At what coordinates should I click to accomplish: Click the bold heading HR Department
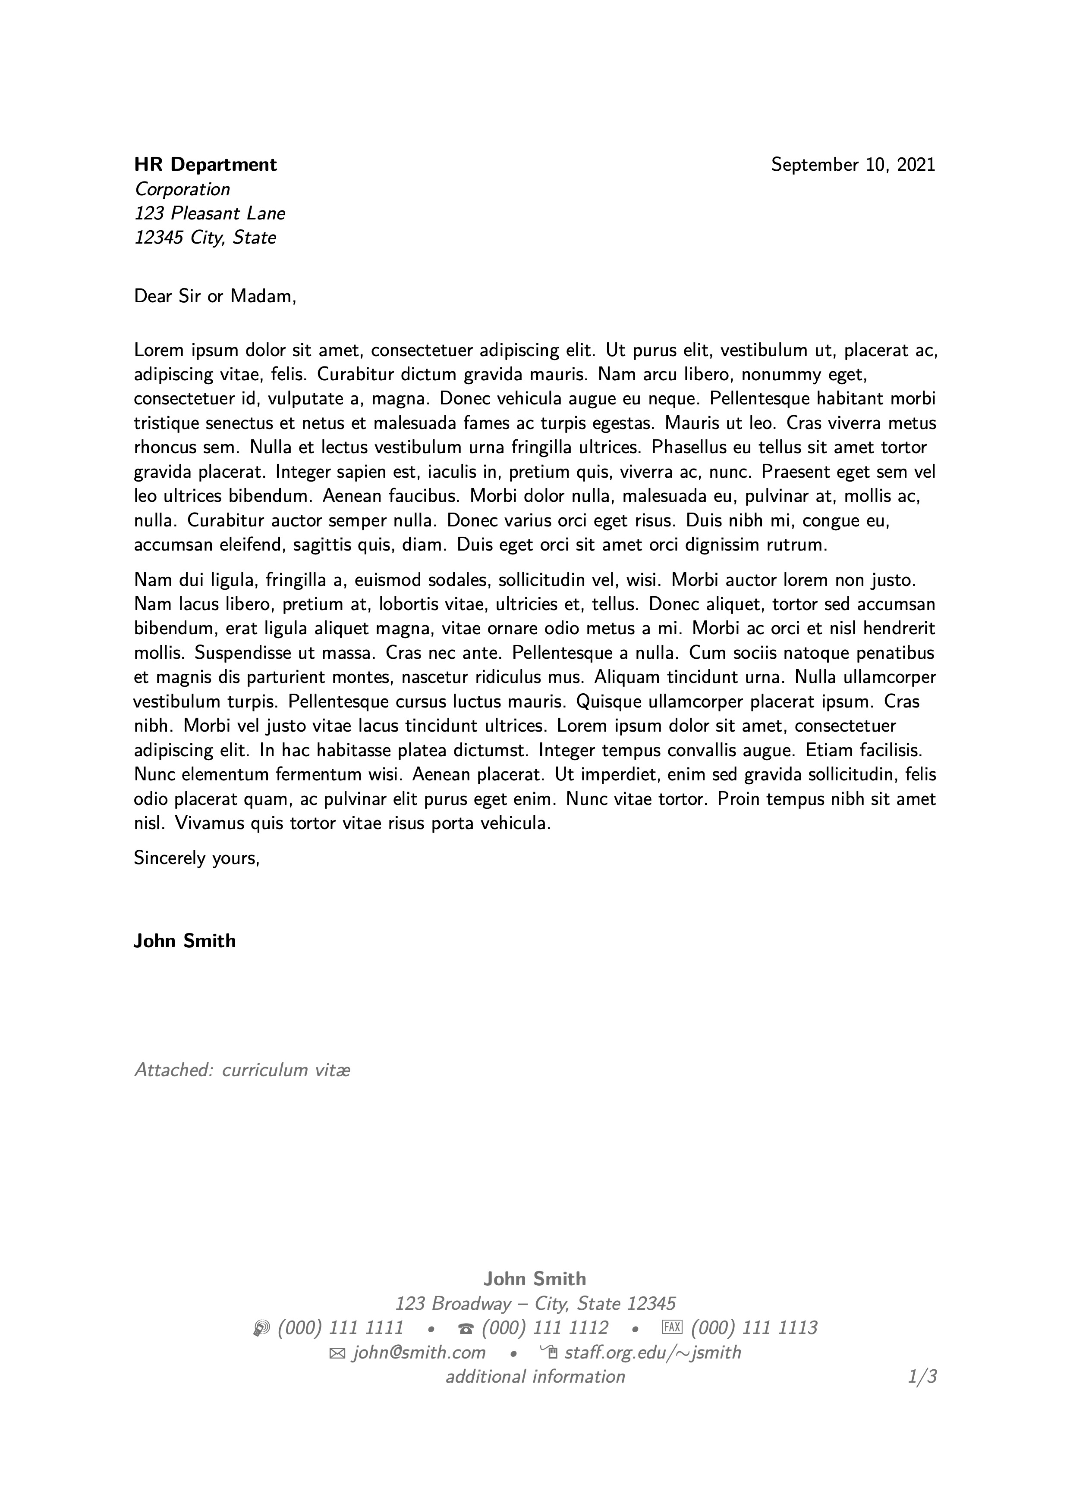pyautogui.click(x=205, y=165)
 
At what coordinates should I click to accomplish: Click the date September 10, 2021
pyautogui.click(x=853, y=165)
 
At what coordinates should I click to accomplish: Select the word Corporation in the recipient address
pyautogui.click(x=183, y=190)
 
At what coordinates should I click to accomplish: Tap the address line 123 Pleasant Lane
pyautogui.click(x=210, y=213)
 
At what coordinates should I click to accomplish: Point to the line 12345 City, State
pyautogui.click(x=205, y=238)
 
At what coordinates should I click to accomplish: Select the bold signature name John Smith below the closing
pyautogui.click(x=185, y=941)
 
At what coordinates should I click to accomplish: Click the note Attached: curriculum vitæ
pyautogui.click(x=242, y=1070)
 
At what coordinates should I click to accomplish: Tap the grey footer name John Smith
pyautogui.click(x=534, y=1279)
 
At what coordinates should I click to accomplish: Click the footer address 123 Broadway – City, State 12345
pyautogui.click(x=535, y=1304)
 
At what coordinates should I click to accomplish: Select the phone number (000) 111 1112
pyautogui.click(x=545, y=1328)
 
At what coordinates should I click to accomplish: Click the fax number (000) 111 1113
pyautogui.click(x=754, y=1328)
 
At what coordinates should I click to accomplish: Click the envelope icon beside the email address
pyautogui.click(x=337, y=1354)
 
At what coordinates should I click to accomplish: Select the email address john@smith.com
pyautogui.click(x=419, y=1353)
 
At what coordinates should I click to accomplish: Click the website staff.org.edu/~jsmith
pyautogui.click(x=652, y=1353)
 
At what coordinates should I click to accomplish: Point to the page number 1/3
pyautogui.click(x=922, y=1377)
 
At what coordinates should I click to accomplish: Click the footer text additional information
pyautogui.click(x=535, y=1377)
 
